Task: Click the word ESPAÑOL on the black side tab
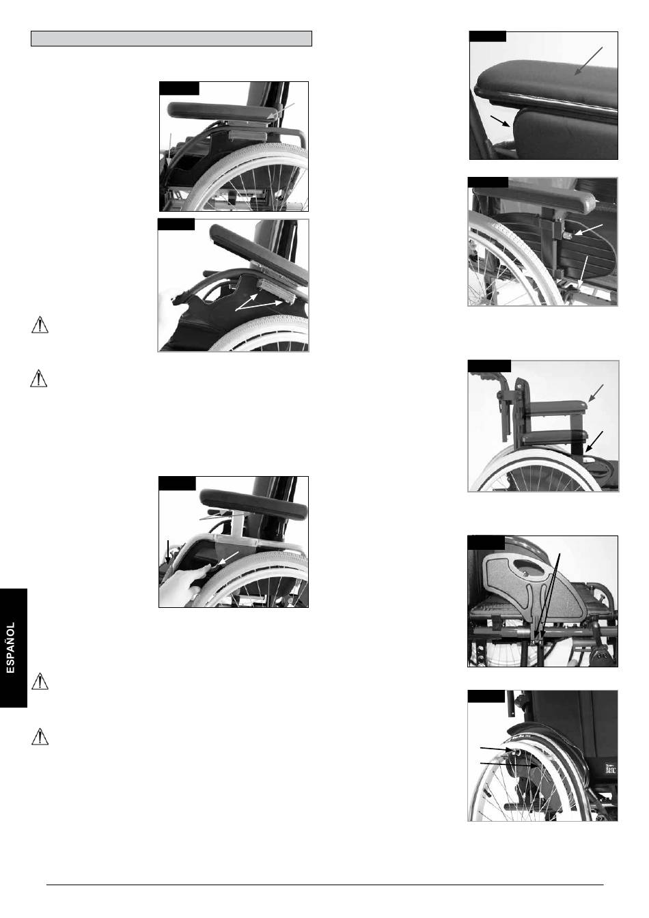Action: pyautogui.click(x=11, y=648)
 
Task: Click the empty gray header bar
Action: pyautogui.click(x=171, y=38)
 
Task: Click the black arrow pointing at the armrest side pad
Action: pyautogui.click(x=500, y=121)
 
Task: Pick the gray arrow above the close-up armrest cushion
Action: pyautogui.click(x=588, y=61)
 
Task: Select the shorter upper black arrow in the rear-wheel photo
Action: pyautogui.click(x=496, y=749)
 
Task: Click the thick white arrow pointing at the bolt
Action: pyautogui.click(x=588, y=229)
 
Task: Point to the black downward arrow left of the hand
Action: pyautogui.click(x=167, y=552)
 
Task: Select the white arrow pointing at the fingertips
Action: pyautogui.click(x=228, y=558)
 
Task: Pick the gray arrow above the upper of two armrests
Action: pyautogui.click(x=596, y=393)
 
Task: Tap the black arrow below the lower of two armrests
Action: pyautogui.click(x=594, y=441)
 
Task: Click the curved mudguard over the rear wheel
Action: pyautogui.click(x=545, y=734)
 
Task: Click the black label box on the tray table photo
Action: pyautogui.click(x=486, y=544)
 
